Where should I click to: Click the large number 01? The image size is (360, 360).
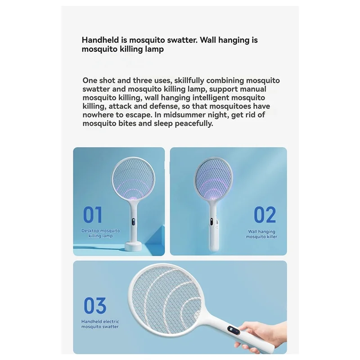tap(93, 215)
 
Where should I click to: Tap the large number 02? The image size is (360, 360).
tap(265, 215)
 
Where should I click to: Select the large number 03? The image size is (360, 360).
tap(94, 306)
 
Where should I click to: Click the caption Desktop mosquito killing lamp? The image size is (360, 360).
tap(101, 233)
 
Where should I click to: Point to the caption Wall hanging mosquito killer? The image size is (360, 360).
tap(261, 234)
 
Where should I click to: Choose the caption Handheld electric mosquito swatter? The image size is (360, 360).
tap(100, 324)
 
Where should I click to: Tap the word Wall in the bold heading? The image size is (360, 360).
tap(210, 40)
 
